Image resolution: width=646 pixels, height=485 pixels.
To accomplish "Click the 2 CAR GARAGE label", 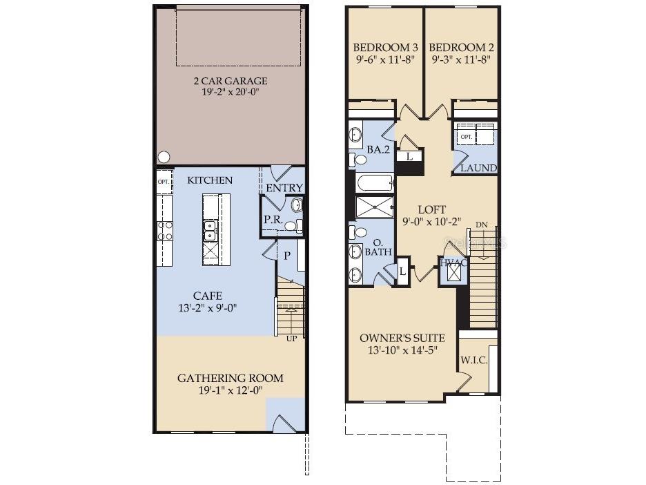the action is [x=231, y=81].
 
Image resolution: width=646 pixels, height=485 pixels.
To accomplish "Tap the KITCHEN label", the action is [x=210, y=180].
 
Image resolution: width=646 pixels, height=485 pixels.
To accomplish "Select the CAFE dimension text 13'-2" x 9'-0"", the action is [x=208, y=308].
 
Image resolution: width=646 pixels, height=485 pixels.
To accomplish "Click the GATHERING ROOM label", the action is [x=231, y=378].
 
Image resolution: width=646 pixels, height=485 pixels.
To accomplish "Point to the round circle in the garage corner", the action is [x=164, y=157].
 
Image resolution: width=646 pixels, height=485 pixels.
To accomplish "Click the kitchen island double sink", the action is [x=210, y=231].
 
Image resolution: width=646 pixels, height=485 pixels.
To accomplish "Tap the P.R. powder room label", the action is [x=273, y=220].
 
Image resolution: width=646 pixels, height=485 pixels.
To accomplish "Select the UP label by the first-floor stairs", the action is [x=292, y=339].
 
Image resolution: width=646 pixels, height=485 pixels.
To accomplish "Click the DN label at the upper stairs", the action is [x=482, y=225].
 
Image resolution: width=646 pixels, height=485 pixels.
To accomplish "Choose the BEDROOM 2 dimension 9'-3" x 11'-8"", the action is [x=461, y=59].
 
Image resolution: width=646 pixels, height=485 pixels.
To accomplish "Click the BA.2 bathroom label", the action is [x=378, y=150].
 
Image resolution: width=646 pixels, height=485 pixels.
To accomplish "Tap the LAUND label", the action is [x=479, y=168].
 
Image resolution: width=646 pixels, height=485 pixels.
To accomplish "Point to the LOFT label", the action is [x=432, y=209].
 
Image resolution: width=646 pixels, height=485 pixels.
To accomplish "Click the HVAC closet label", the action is [x=453, y=263].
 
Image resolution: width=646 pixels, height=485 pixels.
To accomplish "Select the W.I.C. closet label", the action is [x=473, y=360].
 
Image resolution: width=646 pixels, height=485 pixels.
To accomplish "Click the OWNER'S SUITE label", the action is [x=402, y=338].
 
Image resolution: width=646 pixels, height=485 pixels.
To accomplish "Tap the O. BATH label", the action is [x=378, y=247].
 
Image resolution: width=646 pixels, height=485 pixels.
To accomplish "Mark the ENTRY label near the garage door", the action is [x=284, y=188].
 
